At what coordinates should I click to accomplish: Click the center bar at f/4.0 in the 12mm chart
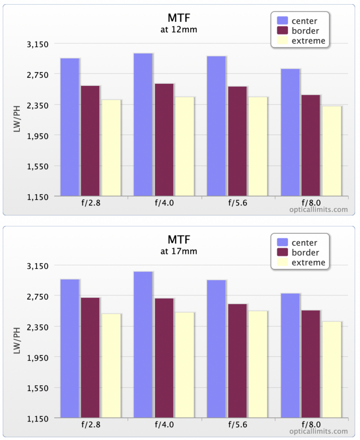click(143, 125)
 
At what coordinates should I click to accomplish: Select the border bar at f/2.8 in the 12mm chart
click(90, 141)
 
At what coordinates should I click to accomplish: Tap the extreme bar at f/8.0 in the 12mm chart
click(332, 151)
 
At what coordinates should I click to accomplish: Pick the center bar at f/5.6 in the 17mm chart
click(216, 349)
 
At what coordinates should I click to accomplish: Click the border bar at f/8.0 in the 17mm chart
click(311, 364)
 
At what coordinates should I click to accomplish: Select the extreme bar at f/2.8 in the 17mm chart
click(111, 366)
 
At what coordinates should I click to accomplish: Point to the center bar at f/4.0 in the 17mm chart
click(143, 345)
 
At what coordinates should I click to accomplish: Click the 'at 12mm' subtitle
click(178, 30)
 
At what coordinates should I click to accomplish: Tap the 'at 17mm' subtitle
click(178, 251)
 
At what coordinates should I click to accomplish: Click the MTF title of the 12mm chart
click(179, 18)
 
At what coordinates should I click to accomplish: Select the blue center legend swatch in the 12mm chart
click(283, 21)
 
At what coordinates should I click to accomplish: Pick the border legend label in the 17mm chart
click(305, 253)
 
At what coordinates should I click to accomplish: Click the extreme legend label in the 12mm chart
click(308, 41)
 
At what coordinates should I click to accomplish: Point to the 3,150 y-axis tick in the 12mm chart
click(37, 44)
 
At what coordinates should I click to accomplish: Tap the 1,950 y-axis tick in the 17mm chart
click(37, 358)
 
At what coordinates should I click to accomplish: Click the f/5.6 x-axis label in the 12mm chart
click(237, 203)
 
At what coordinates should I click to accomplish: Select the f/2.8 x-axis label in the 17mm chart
click(91, 424)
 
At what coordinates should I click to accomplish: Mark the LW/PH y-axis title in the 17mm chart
click(17, 340)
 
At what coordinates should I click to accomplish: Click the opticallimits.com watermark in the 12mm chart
click(318, 210)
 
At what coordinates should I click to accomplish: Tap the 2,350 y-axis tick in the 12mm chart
click(37, 106)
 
